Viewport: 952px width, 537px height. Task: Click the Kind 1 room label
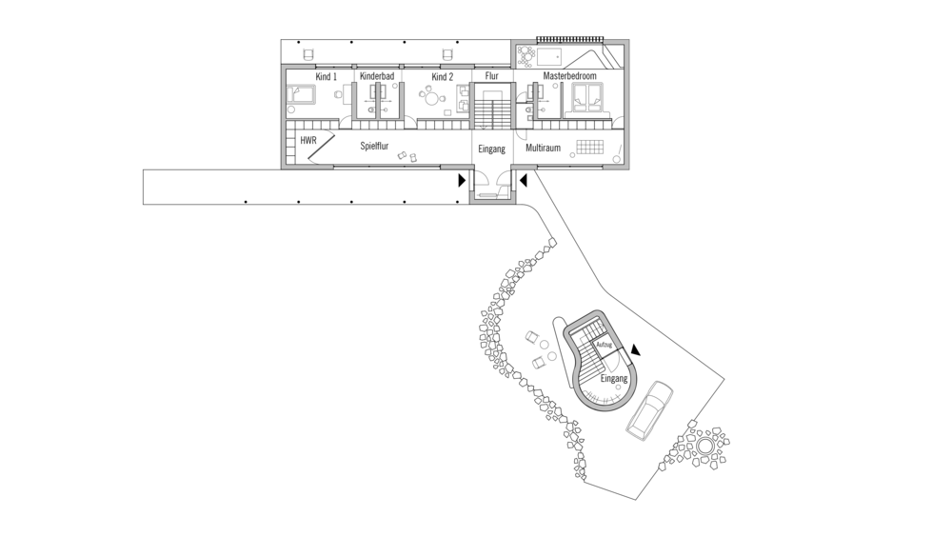click(x=326, y=76)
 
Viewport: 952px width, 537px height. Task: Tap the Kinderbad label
click(x=377, y=76)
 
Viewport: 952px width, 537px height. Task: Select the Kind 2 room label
click(x=441, y=76)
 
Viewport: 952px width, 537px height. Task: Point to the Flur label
click(x=491, y=76)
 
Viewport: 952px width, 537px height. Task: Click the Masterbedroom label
click(x=569, y=76)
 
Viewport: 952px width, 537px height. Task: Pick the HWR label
click(x=307, y=140)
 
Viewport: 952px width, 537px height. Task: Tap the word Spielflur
click(x=374, y=147)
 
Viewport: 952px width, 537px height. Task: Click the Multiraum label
click(x=543, y=149)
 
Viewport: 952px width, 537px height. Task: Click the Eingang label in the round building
click(x=614, y=379)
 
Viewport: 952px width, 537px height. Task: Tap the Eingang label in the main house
click(x=491, y=149)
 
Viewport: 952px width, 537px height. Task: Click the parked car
click(x=648, y=409)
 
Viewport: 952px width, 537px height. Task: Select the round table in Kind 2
click(x=433, y=96)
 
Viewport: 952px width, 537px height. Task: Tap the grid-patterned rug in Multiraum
click(x=590, y=148)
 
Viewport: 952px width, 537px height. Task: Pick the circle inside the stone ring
click(x=705, y=445)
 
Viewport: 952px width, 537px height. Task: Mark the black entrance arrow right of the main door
click(x=523, y=178)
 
